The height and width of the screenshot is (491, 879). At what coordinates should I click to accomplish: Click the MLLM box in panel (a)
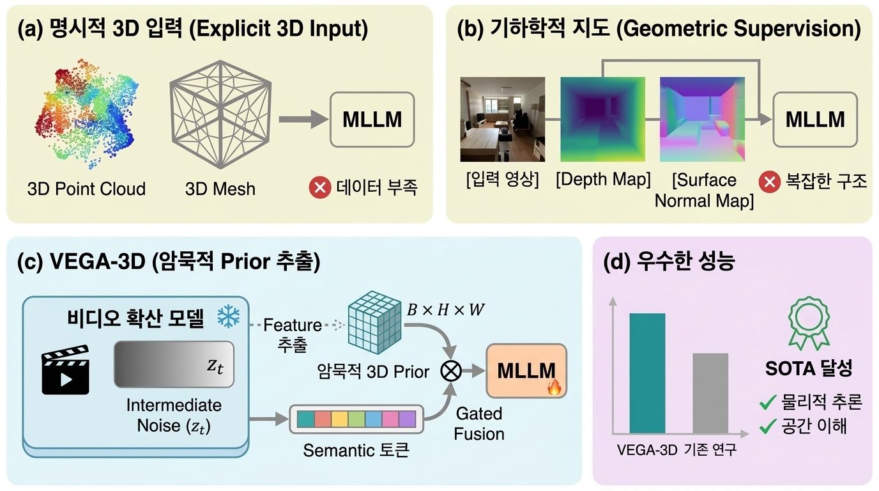pyautogui.click(x=372, y=120)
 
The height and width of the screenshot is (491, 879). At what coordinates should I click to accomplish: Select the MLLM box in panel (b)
pyautogui.click(x=814, y=120)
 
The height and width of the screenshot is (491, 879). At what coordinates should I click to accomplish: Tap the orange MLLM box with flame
pyautogui.click(x=526, y=371)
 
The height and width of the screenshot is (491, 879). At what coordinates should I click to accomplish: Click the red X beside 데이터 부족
pyautogui.click(x=319, y=188)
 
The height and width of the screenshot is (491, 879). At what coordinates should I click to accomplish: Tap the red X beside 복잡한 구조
pyautogui.click(x=769, y=182)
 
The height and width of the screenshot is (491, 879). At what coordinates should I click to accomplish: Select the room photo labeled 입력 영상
pyautogui.click(x=502, y=119)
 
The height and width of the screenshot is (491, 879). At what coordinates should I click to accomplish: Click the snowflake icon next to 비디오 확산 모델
pyautogui.click(x=227, y=317)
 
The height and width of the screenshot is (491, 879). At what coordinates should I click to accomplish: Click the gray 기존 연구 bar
pyautogui.click(x=710, y=393)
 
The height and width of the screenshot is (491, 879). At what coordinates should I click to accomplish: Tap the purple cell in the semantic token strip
pyautogui.click(x=407, y=419)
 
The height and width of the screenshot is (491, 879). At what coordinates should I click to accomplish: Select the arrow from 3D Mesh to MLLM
pyautogui.click(x=300, y=120)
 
